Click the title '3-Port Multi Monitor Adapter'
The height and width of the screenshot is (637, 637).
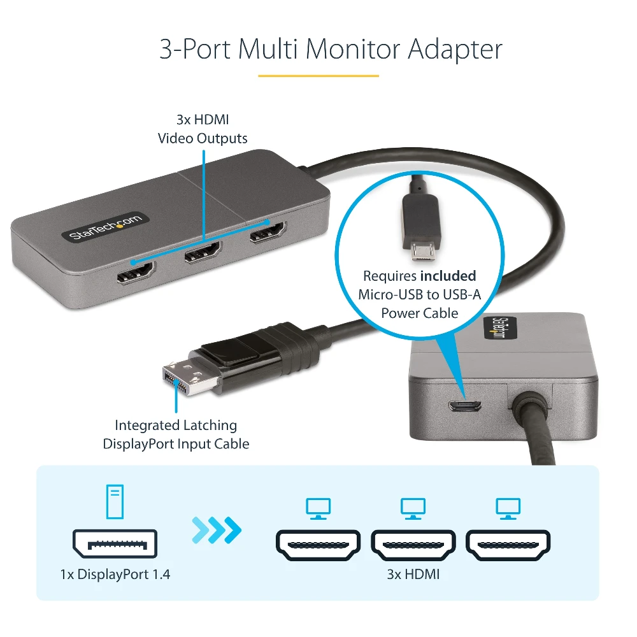pos(331,50)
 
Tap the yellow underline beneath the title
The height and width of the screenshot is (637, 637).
pos(318,76)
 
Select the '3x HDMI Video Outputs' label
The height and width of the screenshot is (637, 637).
pos(203,129)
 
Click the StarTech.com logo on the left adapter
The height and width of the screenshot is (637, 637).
pos(105,226)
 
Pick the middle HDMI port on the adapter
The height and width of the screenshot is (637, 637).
pos(203,252)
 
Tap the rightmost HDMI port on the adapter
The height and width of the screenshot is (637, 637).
pos(268,232)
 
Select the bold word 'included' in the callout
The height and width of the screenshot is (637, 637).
pos(448,276)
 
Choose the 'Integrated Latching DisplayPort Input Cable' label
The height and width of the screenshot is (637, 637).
pos(176,434)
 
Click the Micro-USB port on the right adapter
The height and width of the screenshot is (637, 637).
pos(465,405)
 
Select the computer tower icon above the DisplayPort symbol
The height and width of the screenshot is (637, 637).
pos(115,501)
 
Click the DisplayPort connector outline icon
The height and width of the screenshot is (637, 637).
pos(115,543)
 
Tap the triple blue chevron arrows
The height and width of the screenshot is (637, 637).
pos(217,530)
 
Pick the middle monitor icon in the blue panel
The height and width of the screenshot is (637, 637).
pos(413,508)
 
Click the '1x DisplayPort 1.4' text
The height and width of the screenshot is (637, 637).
pos(115,574)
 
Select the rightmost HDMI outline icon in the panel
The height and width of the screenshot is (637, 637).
pos(508,545)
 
